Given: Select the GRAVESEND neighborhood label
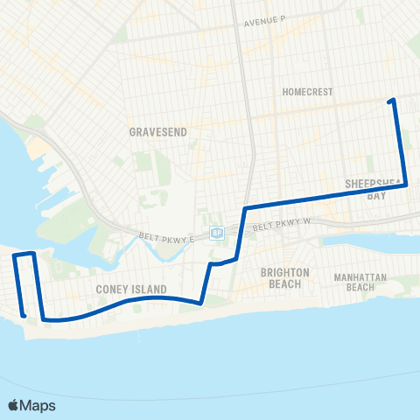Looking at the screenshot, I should point(153,130).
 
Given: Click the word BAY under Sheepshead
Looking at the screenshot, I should point(376,196).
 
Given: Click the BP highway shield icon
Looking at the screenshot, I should point(217,233).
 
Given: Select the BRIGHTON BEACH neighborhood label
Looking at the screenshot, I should point(285,277).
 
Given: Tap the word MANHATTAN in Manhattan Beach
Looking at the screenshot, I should point(360,277).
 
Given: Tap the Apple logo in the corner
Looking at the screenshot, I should point(15,405).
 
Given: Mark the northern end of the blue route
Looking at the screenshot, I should point(392,101).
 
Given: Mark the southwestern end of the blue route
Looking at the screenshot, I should point(23,315).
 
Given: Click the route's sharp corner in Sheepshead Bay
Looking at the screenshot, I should point(404,185).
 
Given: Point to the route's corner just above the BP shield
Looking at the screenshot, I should point(245,208).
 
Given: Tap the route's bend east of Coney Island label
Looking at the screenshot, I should point(201,304).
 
